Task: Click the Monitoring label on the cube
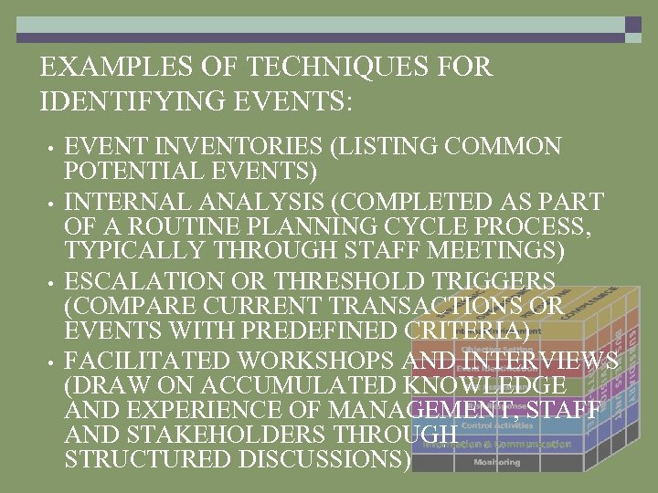[497, 463]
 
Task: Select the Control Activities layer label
[497, 425]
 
